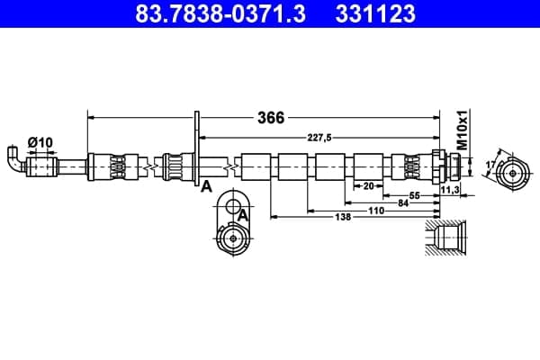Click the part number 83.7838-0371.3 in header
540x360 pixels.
[220, 13]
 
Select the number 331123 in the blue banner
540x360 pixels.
[375, 13]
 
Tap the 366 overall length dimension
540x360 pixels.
[271, 118]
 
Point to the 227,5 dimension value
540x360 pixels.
[319, 138]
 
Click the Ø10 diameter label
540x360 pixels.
[40, 142]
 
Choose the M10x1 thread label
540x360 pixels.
[463, 130]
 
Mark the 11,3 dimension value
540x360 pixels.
[450, 190]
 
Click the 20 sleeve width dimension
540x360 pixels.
[368, 186]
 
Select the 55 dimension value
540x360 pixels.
[415, 195]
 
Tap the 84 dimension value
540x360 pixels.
[403, 203]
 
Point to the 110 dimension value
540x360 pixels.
[376, 211]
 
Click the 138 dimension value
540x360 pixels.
[343, 217]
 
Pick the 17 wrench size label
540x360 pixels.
[490, 165]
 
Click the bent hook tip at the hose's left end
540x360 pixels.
[13, 150]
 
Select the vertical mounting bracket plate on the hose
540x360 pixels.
[197, 148]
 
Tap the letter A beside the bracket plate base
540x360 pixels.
[206, 186]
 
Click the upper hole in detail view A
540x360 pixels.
[233, 206]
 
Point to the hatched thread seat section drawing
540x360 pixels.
[445, 238]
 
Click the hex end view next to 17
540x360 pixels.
[513, 174]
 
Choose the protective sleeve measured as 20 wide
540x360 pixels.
[368, 166]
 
